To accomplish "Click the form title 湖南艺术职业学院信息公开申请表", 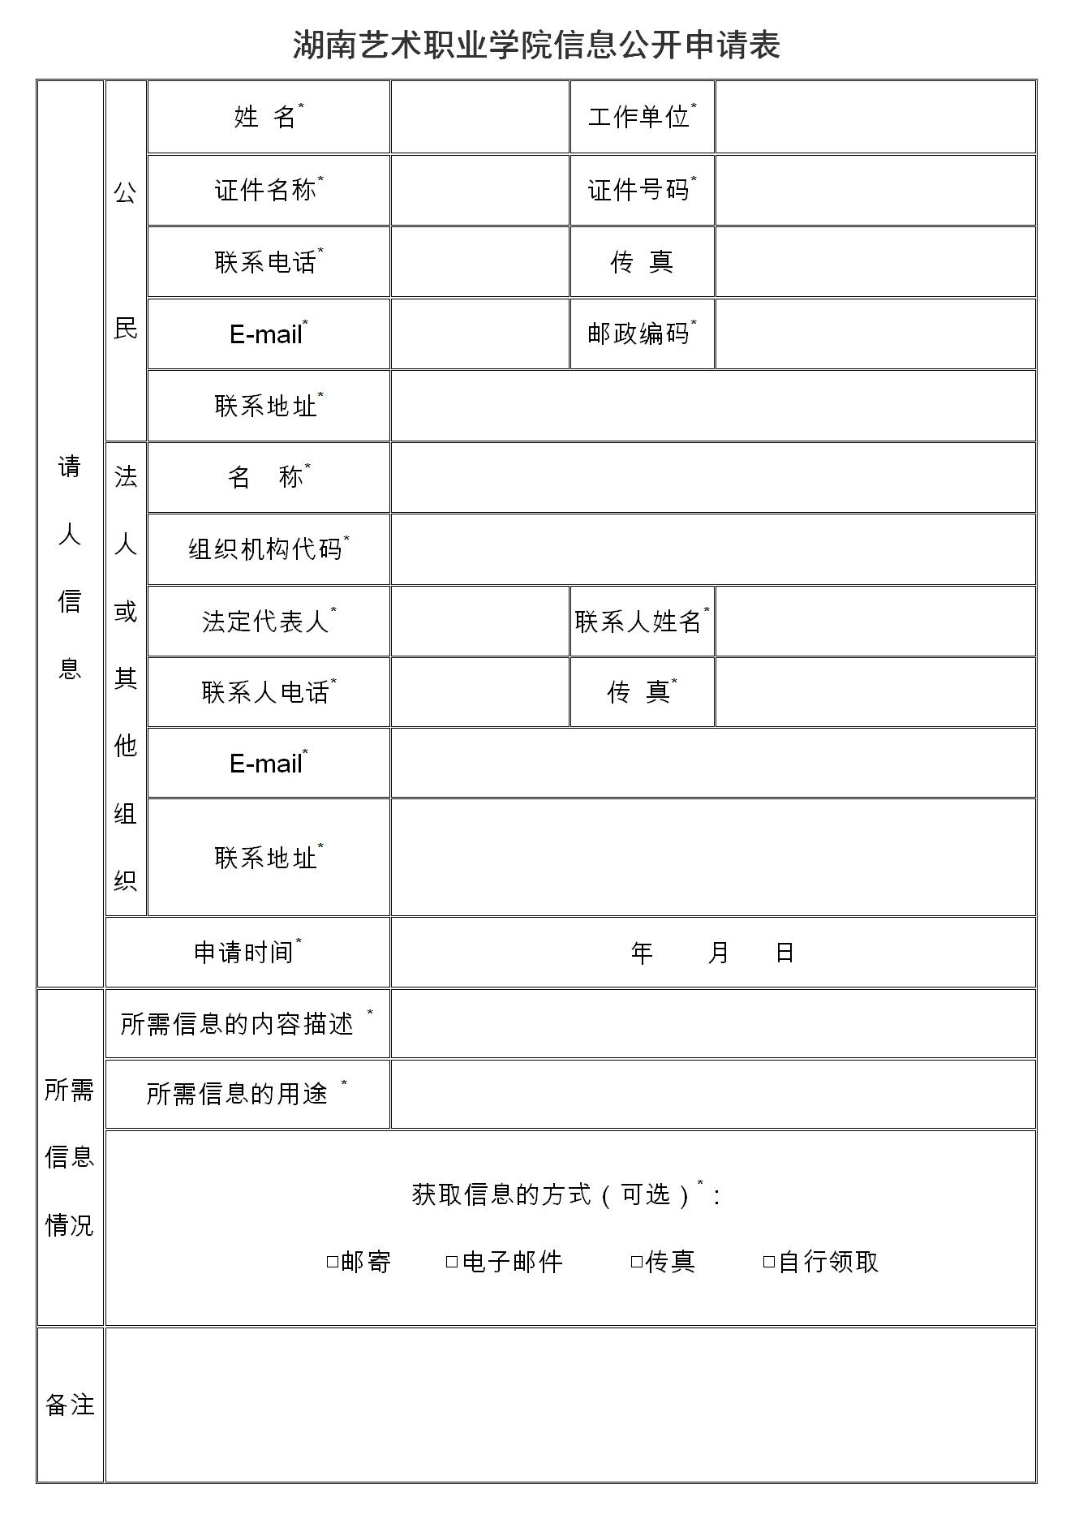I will tap(536, 45).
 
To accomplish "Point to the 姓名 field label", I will tap(265, 117).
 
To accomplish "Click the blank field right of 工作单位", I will tap(875, 117).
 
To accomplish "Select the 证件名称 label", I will tap(265, 190).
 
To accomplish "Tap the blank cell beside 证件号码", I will tap(875, 190).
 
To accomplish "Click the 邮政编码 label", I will tap(638, 333).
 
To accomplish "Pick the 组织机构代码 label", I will tap(265, 549).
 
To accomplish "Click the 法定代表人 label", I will tap(265, 622).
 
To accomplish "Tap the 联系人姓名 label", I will tap(638, 622).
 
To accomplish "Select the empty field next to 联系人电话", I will tap(479, 692).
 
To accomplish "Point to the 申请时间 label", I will tap(243, 952).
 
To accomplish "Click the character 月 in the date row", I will tap(718, 953).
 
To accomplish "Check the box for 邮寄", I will tap(332, 1262).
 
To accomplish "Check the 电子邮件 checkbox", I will tap(452, 1262).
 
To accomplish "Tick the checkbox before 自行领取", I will tap(769, 1262).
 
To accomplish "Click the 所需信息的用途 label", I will tap(237, 1094).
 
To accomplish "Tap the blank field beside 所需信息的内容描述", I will tap(712, 1023).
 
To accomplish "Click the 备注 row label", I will tap(70, 1405).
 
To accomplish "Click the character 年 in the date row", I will tap(642, 953).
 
